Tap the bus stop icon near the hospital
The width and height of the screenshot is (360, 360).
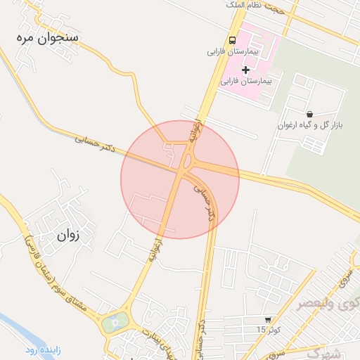232,40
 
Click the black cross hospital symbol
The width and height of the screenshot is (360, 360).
245,69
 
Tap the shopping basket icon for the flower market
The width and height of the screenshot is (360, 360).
309,113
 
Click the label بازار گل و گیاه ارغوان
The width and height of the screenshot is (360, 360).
309,125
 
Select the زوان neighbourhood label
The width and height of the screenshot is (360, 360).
67,236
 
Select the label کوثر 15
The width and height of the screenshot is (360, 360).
267,330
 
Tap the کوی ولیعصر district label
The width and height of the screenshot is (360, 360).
326,304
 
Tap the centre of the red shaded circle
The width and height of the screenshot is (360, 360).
180,179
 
